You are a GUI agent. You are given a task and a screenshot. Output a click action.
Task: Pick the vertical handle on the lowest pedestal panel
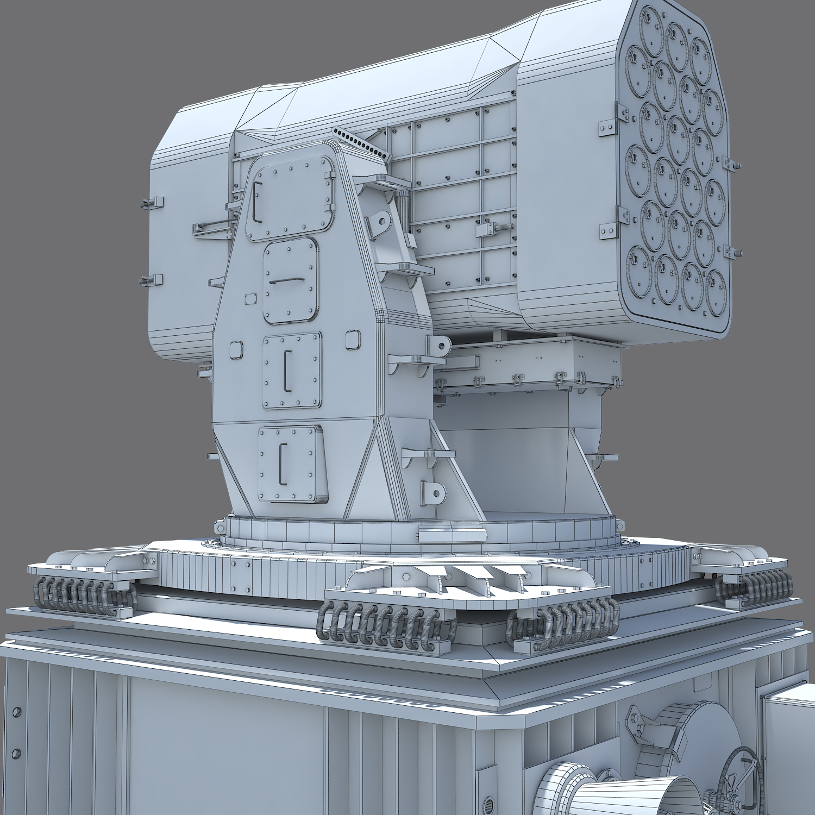click(x=281, y=463)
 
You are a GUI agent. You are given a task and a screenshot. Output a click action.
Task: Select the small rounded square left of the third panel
click(x=236, y=350)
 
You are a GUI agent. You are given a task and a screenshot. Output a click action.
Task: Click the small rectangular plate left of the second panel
click(x=250, y=298)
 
